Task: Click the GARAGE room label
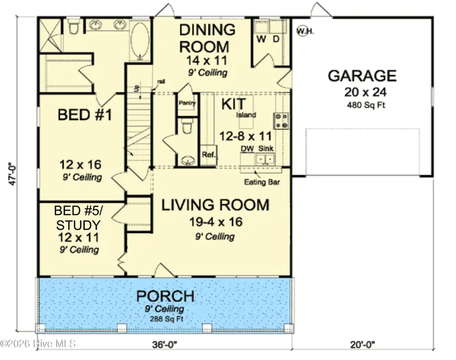click(x=362, y=76)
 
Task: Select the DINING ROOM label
click(x=208, y=38)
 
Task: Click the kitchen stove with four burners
click(x=281, y=120)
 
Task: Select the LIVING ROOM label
click(x=215, y=205)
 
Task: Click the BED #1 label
click(x=78, y=115)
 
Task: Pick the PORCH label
click(x=165, y=296)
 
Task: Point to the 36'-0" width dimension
click(x=165, y=345)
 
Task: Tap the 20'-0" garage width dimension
click(x=362, y=345)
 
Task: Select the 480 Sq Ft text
click(x=362, y=105)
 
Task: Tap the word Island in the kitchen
click(x=246, y=115)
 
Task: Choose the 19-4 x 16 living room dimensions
click(x=215, y=222)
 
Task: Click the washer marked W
click(x=262, y=39)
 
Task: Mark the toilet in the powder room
click(x=186, y=124)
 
